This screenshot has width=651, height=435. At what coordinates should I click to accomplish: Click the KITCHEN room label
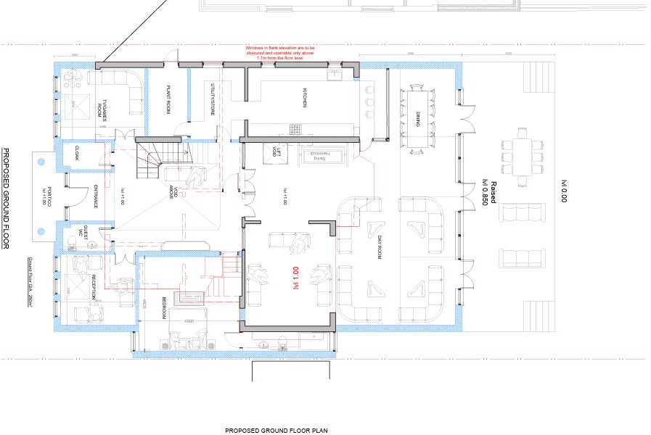tap(306, 99)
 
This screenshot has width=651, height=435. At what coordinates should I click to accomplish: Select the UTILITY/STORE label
tap(213, 99)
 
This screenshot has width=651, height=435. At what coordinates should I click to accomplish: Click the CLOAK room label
tap(76, 153)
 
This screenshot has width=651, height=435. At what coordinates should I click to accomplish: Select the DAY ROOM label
tap(379, 248)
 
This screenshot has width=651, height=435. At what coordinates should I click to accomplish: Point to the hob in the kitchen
tap(296, 129)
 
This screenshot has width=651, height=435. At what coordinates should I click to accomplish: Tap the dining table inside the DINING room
tap(418, 119)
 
